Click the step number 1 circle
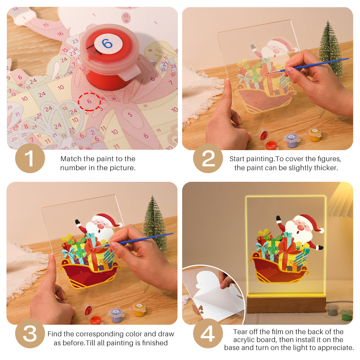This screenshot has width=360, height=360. (30, 158)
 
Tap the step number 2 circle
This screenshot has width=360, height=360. (208, 158)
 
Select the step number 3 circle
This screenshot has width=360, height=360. (30, 334)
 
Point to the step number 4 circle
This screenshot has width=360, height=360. (208, 334)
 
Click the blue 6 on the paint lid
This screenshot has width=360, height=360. (107, 44)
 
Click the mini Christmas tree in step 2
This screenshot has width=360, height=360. (330, 49)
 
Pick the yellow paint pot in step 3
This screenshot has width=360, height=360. (139, 309)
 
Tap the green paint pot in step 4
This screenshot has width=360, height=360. (346, 314)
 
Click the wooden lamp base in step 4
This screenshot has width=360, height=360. (286, 304)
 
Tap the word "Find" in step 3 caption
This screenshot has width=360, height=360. (54, 334)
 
